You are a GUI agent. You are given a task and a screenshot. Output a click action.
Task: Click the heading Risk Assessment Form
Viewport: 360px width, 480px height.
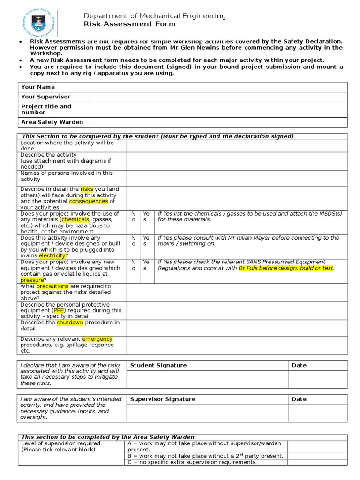(130, 24)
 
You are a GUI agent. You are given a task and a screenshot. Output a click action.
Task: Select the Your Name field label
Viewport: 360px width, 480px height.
(38, 87)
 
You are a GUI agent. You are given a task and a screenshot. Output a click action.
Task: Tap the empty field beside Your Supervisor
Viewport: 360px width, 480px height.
(218, 97)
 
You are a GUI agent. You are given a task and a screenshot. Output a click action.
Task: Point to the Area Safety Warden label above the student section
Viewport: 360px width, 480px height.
(52, 122)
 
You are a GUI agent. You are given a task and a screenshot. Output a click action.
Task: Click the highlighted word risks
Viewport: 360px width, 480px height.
(87, 189)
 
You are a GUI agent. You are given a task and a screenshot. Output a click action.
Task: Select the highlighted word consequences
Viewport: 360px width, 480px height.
(89, 201)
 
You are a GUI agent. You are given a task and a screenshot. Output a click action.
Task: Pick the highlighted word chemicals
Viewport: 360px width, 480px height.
(75, 219)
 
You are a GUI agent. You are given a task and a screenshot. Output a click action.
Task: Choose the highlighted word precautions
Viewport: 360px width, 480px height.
(52, 286)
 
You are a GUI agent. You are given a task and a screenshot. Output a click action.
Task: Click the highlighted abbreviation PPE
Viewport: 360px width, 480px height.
(59, 310)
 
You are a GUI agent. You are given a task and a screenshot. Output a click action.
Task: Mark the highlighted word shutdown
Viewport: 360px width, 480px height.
(70, 322)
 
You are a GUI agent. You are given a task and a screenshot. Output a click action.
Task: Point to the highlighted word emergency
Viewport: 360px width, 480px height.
(97, 339)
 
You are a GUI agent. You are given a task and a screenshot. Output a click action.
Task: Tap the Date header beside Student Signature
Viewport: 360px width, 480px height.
(299, 365)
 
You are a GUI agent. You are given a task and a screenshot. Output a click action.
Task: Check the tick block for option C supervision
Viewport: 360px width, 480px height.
(317, 462)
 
